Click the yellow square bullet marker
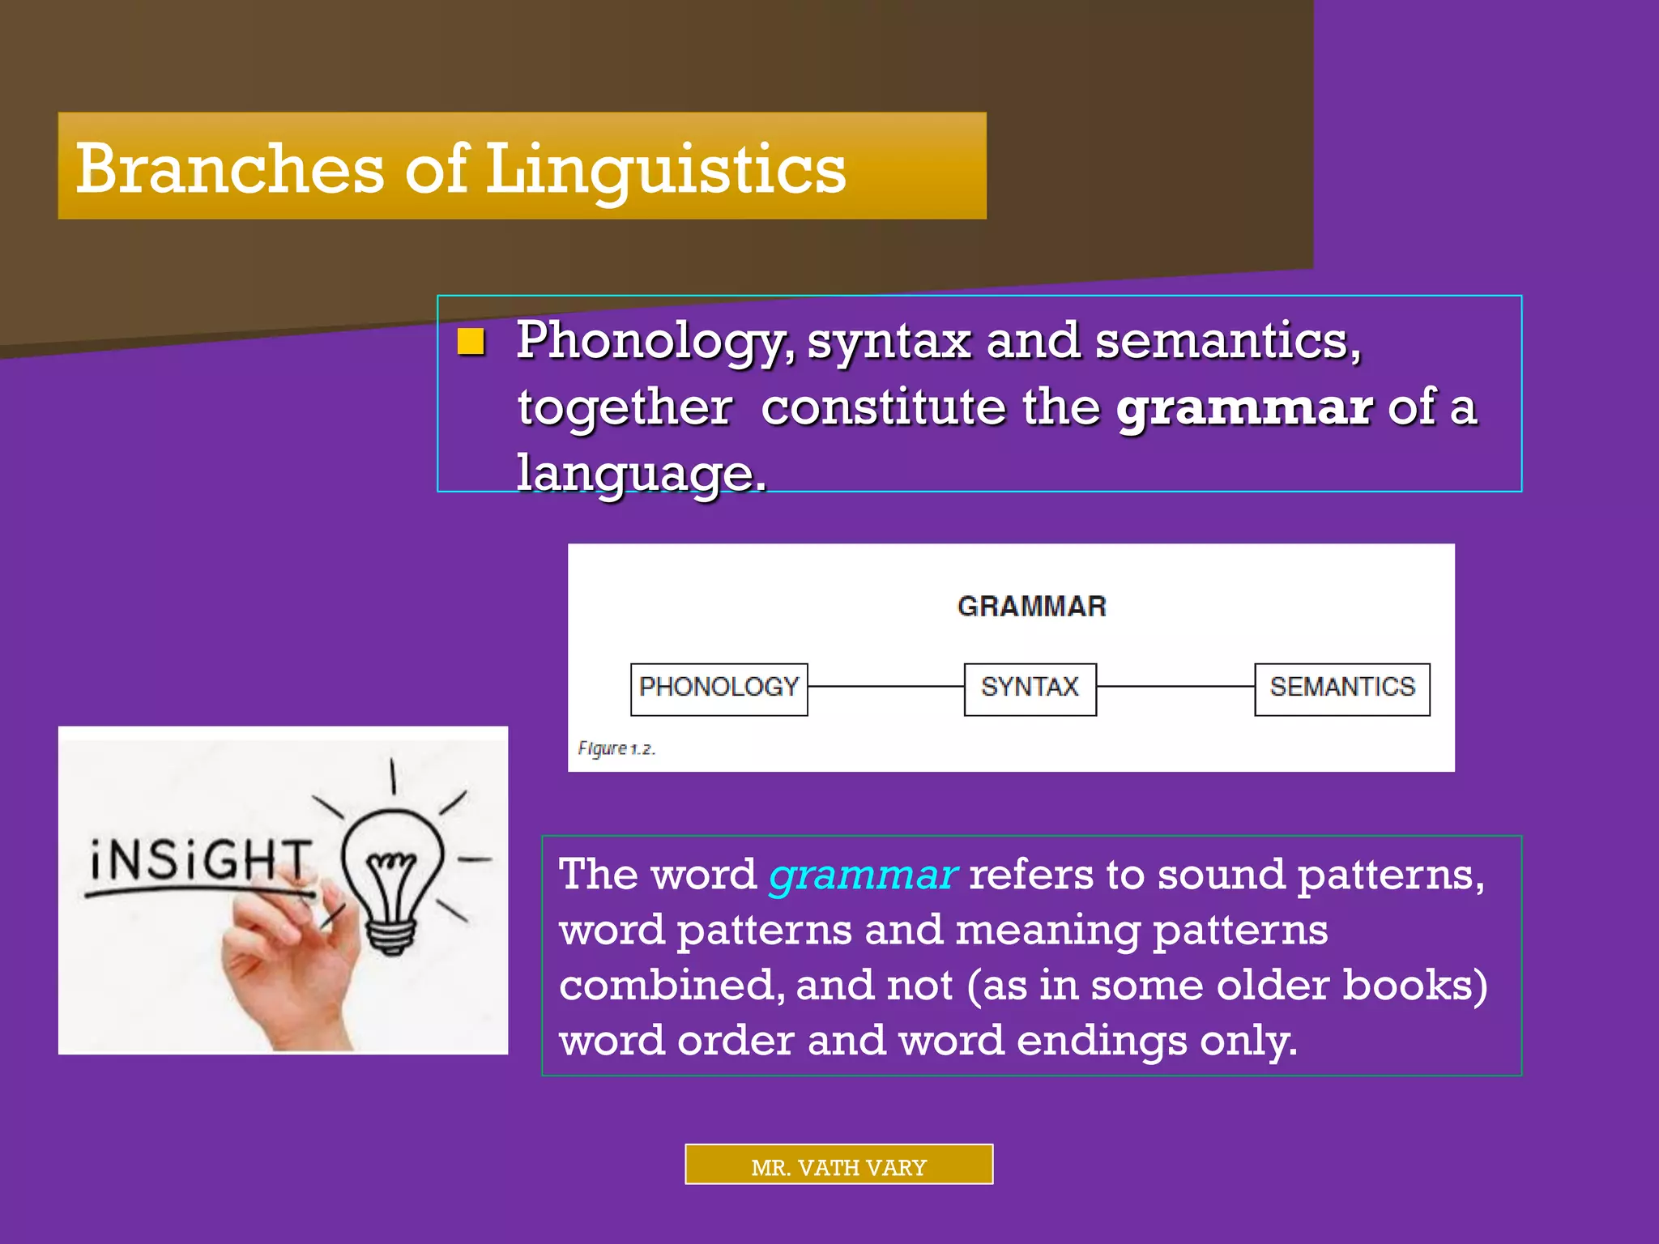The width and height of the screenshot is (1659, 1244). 471,342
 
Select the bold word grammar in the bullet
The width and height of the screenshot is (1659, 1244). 1243,407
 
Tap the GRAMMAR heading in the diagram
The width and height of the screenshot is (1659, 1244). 1031,607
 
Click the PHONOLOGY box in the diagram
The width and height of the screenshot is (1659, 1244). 719,688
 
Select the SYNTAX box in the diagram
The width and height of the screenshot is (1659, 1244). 1030,688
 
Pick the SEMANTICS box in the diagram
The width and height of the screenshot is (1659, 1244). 1341,688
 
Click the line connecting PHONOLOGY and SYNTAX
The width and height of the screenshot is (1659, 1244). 885,686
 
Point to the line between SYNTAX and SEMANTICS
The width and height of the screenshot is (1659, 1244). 1175,686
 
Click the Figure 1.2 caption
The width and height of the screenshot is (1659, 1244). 616,748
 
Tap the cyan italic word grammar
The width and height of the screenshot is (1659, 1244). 863,875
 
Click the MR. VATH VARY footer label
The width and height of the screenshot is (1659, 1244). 838,1167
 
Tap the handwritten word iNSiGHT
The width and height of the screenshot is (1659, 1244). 199,859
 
